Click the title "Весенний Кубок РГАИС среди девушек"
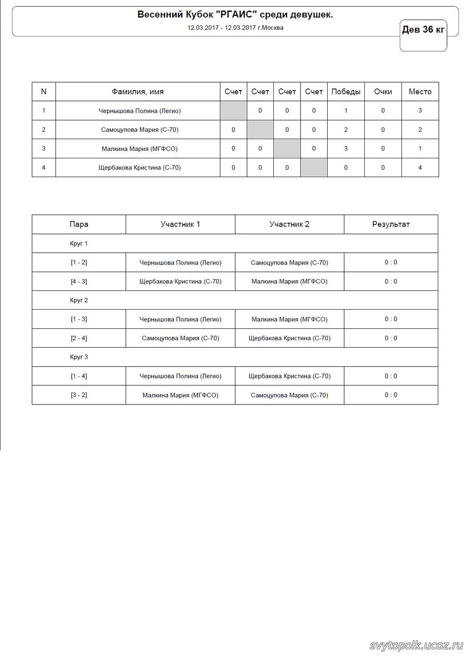tap(235, 15)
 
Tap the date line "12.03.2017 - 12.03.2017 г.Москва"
tap(235, 28)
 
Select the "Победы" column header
tap(346, 92)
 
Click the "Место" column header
tap(420, 92)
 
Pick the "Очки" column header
tap(383, 92)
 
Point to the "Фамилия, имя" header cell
tap(138, 92)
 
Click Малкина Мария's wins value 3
tap(346, 149)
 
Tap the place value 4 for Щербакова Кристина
tap(420, 167)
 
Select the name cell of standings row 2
tap(140, 130)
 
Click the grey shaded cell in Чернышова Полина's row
tap(233, 111)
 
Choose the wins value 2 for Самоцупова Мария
tap(346, 130)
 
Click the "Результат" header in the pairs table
tap(391, 224)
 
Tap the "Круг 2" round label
tap(79, 300)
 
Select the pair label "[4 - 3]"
tap(79, 282)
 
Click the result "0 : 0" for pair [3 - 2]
tap(391, 395)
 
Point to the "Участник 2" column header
tap(289, 224)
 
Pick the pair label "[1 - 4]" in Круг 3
tap(79, 376)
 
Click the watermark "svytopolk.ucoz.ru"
tap(416, 646)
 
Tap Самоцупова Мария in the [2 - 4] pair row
tap(180, 338)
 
